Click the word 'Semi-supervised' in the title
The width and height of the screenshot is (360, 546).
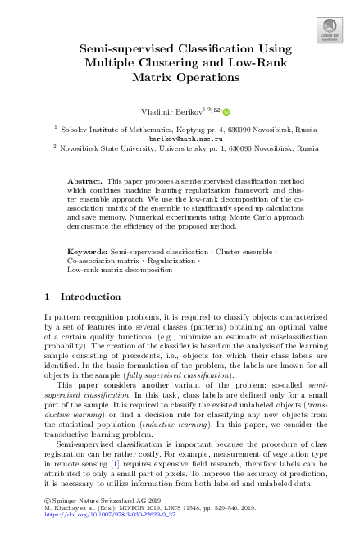click(x=118, y=50)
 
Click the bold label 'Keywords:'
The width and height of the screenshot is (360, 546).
click(x=84, y=247)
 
